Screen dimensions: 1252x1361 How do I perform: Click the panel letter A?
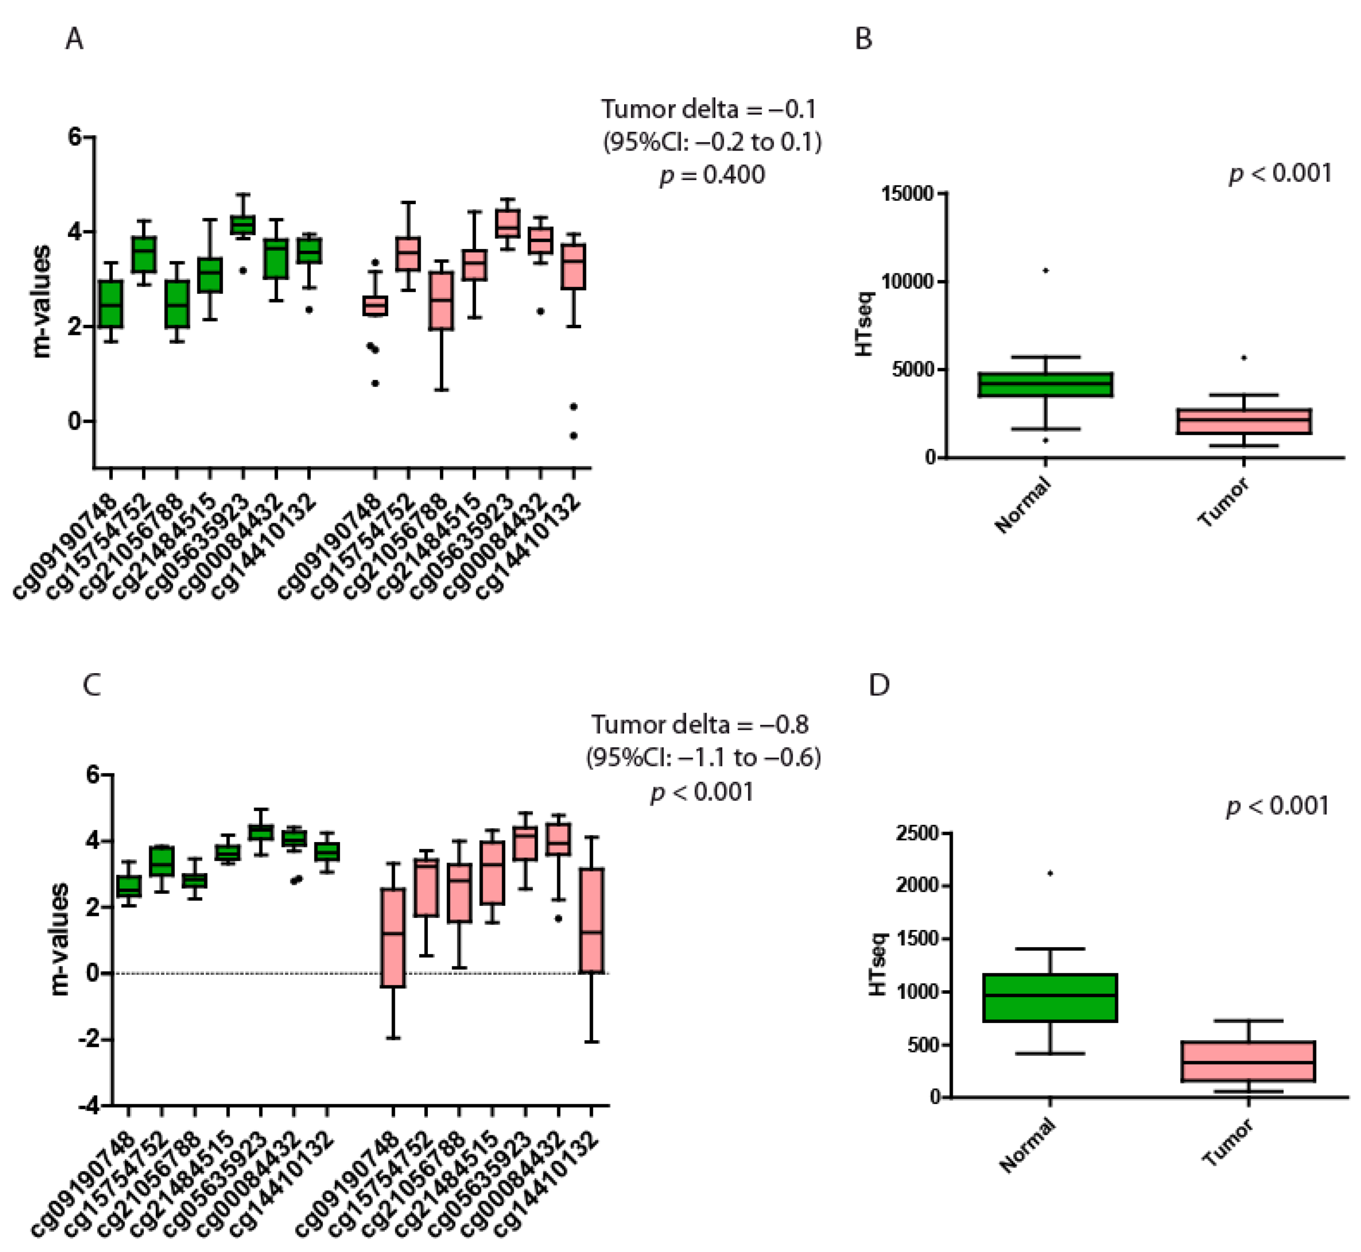coord(75,39)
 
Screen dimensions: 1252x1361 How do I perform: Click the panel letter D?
coord(879,686)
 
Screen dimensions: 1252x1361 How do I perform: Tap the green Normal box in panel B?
coord(1046,384)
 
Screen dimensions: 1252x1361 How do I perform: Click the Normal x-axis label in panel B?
coord(1022,504)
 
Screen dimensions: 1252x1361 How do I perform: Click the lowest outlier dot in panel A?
coord(573,436)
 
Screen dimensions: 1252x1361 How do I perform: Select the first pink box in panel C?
coord(392,938)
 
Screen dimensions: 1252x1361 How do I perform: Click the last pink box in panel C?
coord(591,919)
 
